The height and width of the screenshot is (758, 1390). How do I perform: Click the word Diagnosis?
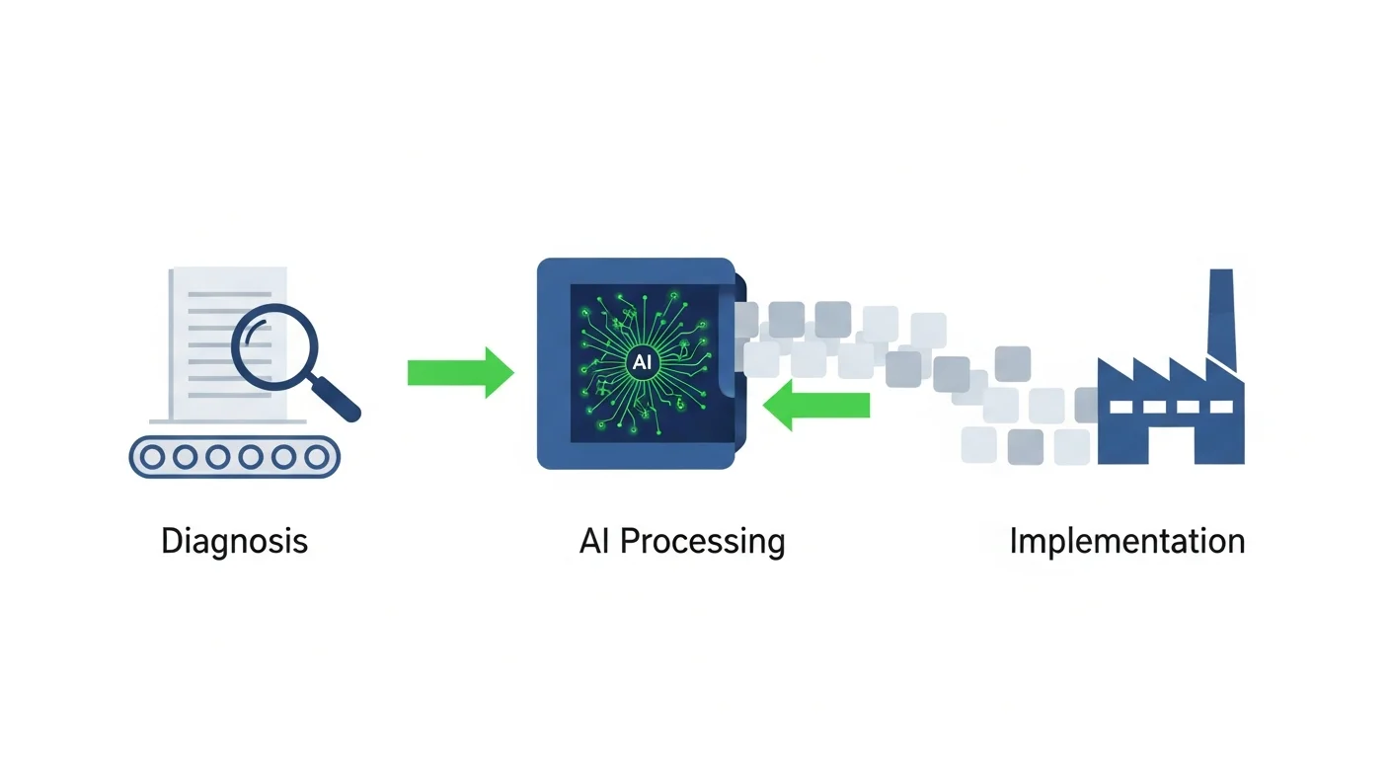[234, 542]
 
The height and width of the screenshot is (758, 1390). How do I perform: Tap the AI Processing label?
[682, 542]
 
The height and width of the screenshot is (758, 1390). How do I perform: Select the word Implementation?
[1126, 542]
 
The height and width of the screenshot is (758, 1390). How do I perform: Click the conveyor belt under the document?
[234, 456]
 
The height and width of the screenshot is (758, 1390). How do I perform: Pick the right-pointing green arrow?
[461, 372]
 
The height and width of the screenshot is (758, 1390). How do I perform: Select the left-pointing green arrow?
[816, 405]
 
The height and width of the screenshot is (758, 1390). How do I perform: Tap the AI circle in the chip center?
[641, 361]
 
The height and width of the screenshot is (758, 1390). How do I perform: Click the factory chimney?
[1221, 316]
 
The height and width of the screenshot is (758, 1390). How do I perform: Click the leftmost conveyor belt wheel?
[151, 456]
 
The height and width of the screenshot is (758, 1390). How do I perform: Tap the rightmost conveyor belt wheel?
[316, 456]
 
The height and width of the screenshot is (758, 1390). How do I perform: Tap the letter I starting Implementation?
[1014, 541]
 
